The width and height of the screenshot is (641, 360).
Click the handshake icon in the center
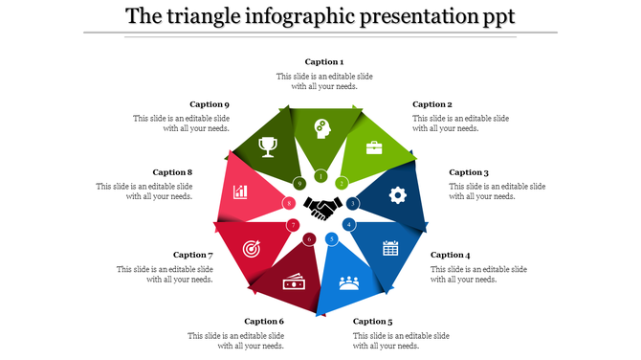pyautogui.click(x=322, y=205)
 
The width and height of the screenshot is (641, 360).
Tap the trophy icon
pyautogui.click(x=268, y=146)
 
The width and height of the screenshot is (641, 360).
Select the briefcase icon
pyautogui.click(x=374, y=147)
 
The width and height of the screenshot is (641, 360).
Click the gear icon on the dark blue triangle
pyautogui.click(x=397, y=194)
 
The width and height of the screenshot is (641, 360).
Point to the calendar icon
pyautogui.click(x=390, y=248)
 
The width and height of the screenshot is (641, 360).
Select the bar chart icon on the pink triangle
pyautogui.click(x=240, y=192)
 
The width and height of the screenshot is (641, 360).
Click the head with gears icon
pyautogui.click(x=321, y=128)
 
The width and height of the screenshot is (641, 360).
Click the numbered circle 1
pyautogui.click(x=320, y=176)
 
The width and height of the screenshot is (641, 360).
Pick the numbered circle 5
pyautogui.click(x=332, y=238)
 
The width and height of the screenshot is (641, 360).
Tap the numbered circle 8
pyautogui.click(x=289, y=203)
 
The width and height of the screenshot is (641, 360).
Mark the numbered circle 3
pyautogui.click(x=353, y=203)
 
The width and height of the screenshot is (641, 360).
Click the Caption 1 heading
pyautogui.click(x=324, y=62)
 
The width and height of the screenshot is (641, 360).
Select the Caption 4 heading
pyautogui.click(x=450, y=255)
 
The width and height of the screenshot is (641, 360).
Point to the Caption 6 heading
pyautogui.click(x=264, y=322)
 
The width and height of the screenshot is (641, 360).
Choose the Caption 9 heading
pyautogui.click(x=210, y=104)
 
